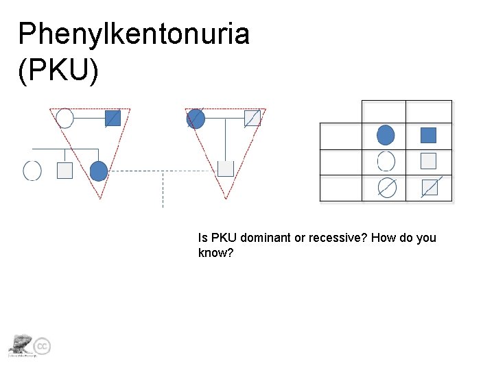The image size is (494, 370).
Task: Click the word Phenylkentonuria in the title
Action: point(134,34)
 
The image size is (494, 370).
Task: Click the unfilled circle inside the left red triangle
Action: point(64,119)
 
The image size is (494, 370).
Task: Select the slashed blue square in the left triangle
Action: point(113,118)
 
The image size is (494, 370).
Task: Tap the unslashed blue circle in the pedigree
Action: point(99,170)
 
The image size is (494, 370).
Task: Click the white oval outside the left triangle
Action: point(32,170)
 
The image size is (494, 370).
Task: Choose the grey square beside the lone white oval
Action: point(64,171)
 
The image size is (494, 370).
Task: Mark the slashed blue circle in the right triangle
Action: point(196,119)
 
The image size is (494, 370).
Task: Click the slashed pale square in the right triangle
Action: point(252,118)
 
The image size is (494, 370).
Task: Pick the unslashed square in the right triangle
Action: point(226,169)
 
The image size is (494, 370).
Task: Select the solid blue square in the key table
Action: point(428,135)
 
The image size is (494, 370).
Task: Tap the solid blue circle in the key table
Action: point(386,135)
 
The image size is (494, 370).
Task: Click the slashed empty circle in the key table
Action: point(387,187)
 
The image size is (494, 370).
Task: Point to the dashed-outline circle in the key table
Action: point(386,161)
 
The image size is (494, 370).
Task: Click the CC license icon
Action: point(43,347)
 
